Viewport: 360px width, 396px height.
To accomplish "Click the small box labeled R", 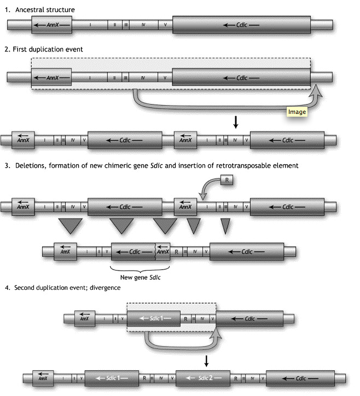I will [228, 179].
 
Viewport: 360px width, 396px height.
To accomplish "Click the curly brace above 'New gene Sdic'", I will [140, 268].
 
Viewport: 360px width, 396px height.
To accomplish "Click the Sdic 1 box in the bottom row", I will [111, 378].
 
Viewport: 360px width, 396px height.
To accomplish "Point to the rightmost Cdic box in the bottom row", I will [298, 378].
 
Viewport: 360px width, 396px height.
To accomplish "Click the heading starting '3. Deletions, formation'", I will [150, 165].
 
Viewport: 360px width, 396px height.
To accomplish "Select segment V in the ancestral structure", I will [166, 25].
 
